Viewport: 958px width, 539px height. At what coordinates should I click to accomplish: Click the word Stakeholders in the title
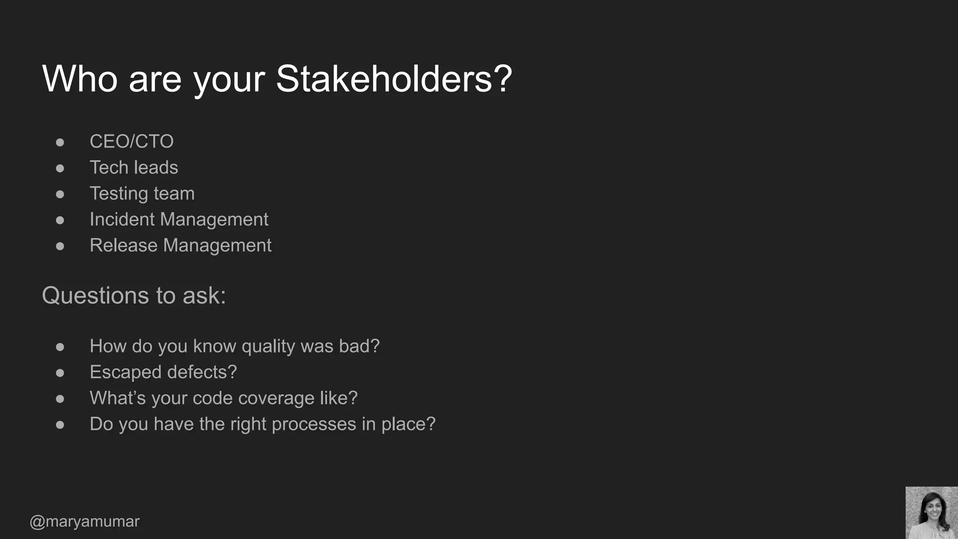click(x=394, y=79)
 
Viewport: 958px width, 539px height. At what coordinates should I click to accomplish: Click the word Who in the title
click(x=80, y=79)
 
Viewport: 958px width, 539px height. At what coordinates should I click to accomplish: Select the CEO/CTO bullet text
click(x=131, y=141)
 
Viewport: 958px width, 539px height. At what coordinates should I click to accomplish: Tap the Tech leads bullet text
click(x=134, y=168)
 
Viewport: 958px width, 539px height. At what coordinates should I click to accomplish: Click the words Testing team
click(x=142, y=194)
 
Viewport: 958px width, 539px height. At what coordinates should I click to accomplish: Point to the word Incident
click(x=122, y=219)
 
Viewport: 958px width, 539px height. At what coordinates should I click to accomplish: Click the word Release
click(x=123, y=246)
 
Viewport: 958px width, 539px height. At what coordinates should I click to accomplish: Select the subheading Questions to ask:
click(x=134, y=296)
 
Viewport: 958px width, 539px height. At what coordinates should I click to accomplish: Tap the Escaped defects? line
click(x=163, y=372)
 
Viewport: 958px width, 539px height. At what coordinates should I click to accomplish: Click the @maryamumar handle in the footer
click(x=85, y=521)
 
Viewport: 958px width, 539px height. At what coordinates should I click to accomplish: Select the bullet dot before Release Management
click(x=60, y=246)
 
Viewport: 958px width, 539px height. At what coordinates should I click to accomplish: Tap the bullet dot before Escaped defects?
click(x=60, y=373)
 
